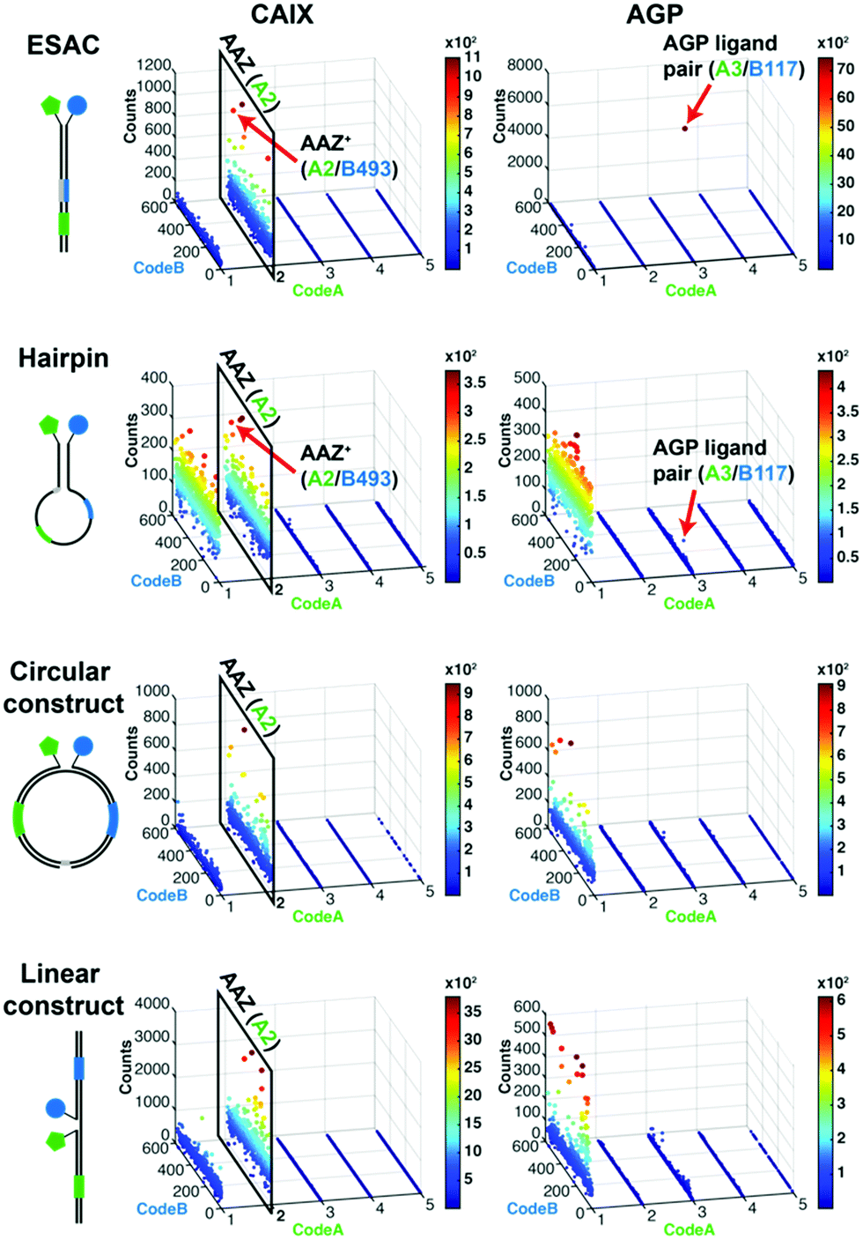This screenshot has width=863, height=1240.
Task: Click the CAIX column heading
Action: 282,14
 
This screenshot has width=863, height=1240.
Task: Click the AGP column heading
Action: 654,14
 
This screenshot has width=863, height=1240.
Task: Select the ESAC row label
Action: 63,46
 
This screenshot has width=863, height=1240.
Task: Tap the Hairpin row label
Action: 63,359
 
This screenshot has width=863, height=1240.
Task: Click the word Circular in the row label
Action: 60,672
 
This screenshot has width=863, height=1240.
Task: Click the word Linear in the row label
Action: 60,974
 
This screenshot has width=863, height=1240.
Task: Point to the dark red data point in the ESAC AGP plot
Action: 684,129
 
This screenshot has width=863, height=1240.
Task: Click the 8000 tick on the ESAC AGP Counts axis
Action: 525,65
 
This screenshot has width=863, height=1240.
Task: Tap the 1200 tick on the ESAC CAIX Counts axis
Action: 154,65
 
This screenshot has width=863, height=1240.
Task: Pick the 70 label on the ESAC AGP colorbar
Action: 845,69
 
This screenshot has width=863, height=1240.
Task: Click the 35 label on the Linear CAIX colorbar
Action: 473,1011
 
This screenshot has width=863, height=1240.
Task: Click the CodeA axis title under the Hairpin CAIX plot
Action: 316,604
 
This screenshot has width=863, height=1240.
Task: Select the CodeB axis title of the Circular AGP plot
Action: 534,895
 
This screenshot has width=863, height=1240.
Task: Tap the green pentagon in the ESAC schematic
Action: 52,106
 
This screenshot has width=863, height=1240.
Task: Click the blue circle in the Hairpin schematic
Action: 78,424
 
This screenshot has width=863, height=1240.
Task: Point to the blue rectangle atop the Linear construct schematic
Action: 78,1068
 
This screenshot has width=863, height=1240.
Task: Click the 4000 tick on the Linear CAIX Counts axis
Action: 151,1004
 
